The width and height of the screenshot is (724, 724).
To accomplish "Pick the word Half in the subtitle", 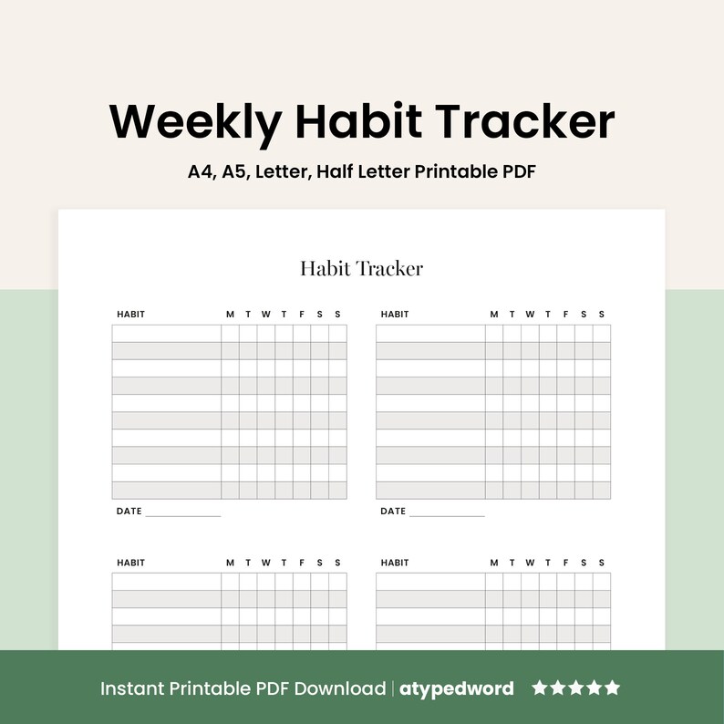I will click(333, 171).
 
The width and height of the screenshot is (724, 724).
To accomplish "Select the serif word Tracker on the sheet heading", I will click(390, 268).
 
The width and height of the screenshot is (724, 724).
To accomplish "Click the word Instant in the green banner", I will click(129, 688).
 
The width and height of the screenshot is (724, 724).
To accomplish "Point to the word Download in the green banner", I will click(342, 688).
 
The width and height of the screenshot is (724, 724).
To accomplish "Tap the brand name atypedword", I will click(457, 688).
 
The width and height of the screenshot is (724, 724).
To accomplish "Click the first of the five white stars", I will click(540, 688).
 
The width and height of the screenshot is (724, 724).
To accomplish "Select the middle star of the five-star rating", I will click(575, 688).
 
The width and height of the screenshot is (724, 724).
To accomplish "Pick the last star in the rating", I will click(612, 688).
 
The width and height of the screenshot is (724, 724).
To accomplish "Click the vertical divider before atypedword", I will click(393, 688).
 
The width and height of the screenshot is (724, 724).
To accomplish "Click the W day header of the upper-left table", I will click(265, 315).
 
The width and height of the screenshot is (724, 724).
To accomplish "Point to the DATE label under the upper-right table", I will click(393, 512).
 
